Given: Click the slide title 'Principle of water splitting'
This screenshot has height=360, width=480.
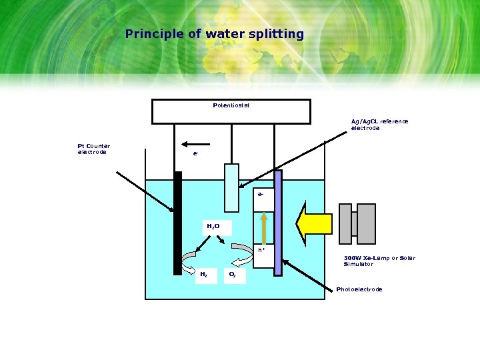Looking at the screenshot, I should tap(214, 34).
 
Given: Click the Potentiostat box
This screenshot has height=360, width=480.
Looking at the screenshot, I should tap(231, 111).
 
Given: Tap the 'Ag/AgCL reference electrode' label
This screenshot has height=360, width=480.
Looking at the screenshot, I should tap(379, 125).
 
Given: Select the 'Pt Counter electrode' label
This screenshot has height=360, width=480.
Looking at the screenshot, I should tap(94, 149).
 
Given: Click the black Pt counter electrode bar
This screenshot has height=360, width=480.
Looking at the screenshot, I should tap(177, 223).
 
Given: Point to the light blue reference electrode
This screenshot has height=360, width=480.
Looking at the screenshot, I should tap(231, 187).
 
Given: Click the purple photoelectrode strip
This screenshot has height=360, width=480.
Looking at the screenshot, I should tap(278, 223).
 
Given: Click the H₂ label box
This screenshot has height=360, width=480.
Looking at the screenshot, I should tap(204, 274).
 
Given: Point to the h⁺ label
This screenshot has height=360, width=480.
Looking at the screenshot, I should tap(263, 250).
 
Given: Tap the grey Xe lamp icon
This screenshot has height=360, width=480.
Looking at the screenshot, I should tap(358, 223).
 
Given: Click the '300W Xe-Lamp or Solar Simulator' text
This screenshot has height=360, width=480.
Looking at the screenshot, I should tap(379, 261).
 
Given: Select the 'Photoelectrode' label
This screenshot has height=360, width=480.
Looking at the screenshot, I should tap(359, 289).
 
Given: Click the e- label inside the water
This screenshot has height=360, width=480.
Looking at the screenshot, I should tap(262, 195).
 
